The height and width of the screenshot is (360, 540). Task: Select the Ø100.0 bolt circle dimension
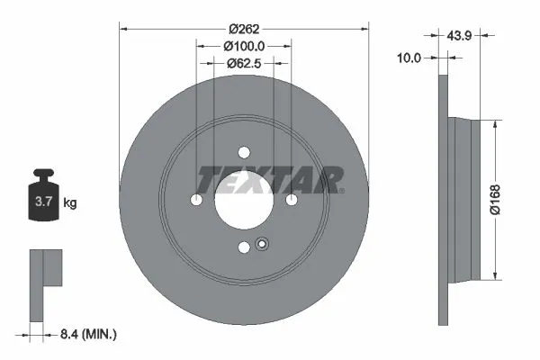click(245, 44)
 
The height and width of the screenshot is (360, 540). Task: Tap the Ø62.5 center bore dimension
click(243, 63)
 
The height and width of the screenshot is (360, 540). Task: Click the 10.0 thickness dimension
click(410, 57)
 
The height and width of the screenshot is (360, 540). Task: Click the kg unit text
click(69, 203)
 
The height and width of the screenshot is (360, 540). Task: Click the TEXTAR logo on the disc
click(270, 180)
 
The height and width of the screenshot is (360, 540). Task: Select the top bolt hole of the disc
click(244, 152)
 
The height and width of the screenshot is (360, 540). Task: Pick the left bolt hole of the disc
click(196, 200)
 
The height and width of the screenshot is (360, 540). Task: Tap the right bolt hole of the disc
click(292, 200)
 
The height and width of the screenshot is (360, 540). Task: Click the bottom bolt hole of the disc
click(244, 247)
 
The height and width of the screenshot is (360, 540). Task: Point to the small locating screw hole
click(262, 243)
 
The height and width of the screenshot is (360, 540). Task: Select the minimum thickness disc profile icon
click(45, 278)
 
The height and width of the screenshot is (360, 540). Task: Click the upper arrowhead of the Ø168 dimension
click(493, 122)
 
